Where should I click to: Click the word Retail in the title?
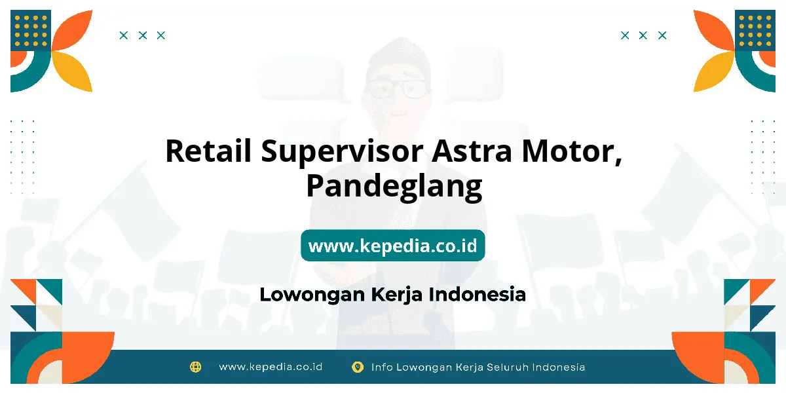[208, 151]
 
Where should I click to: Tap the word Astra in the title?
[472, 151]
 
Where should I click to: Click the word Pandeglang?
[394, 187]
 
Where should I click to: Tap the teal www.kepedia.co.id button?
[392, 246]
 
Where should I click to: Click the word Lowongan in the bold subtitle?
[312, 295]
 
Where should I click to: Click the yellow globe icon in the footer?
[195, 367]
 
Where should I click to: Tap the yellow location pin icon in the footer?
[357, 367]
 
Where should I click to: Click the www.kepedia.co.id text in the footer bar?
[271, 367]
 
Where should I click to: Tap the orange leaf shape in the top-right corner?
[713, 30]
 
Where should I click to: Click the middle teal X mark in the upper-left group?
[143, 35]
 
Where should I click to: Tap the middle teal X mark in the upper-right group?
[643, 35]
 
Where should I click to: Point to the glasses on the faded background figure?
[397, 89]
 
